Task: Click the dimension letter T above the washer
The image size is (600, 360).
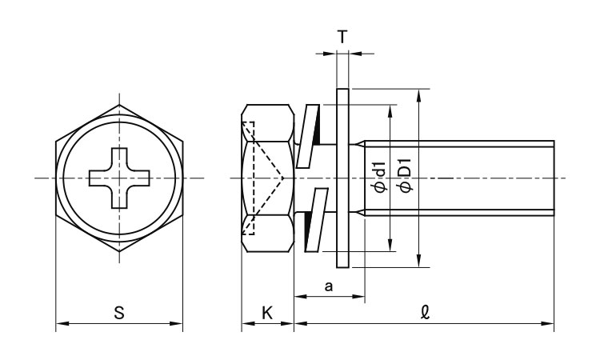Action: pos(342,37)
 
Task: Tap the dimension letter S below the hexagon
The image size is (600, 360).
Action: pos(119,313)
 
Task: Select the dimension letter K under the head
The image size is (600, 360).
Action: pos(267,313)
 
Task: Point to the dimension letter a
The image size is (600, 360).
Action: pos(328,286)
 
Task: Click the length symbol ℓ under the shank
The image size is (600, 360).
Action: pos(425,312)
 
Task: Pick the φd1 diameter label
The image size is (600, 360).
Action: pos(381,177)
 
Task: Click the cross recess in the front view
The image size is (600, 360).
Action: pos(119,178)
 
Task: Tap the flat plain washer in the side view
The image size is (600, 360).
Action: pos(342,178)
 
